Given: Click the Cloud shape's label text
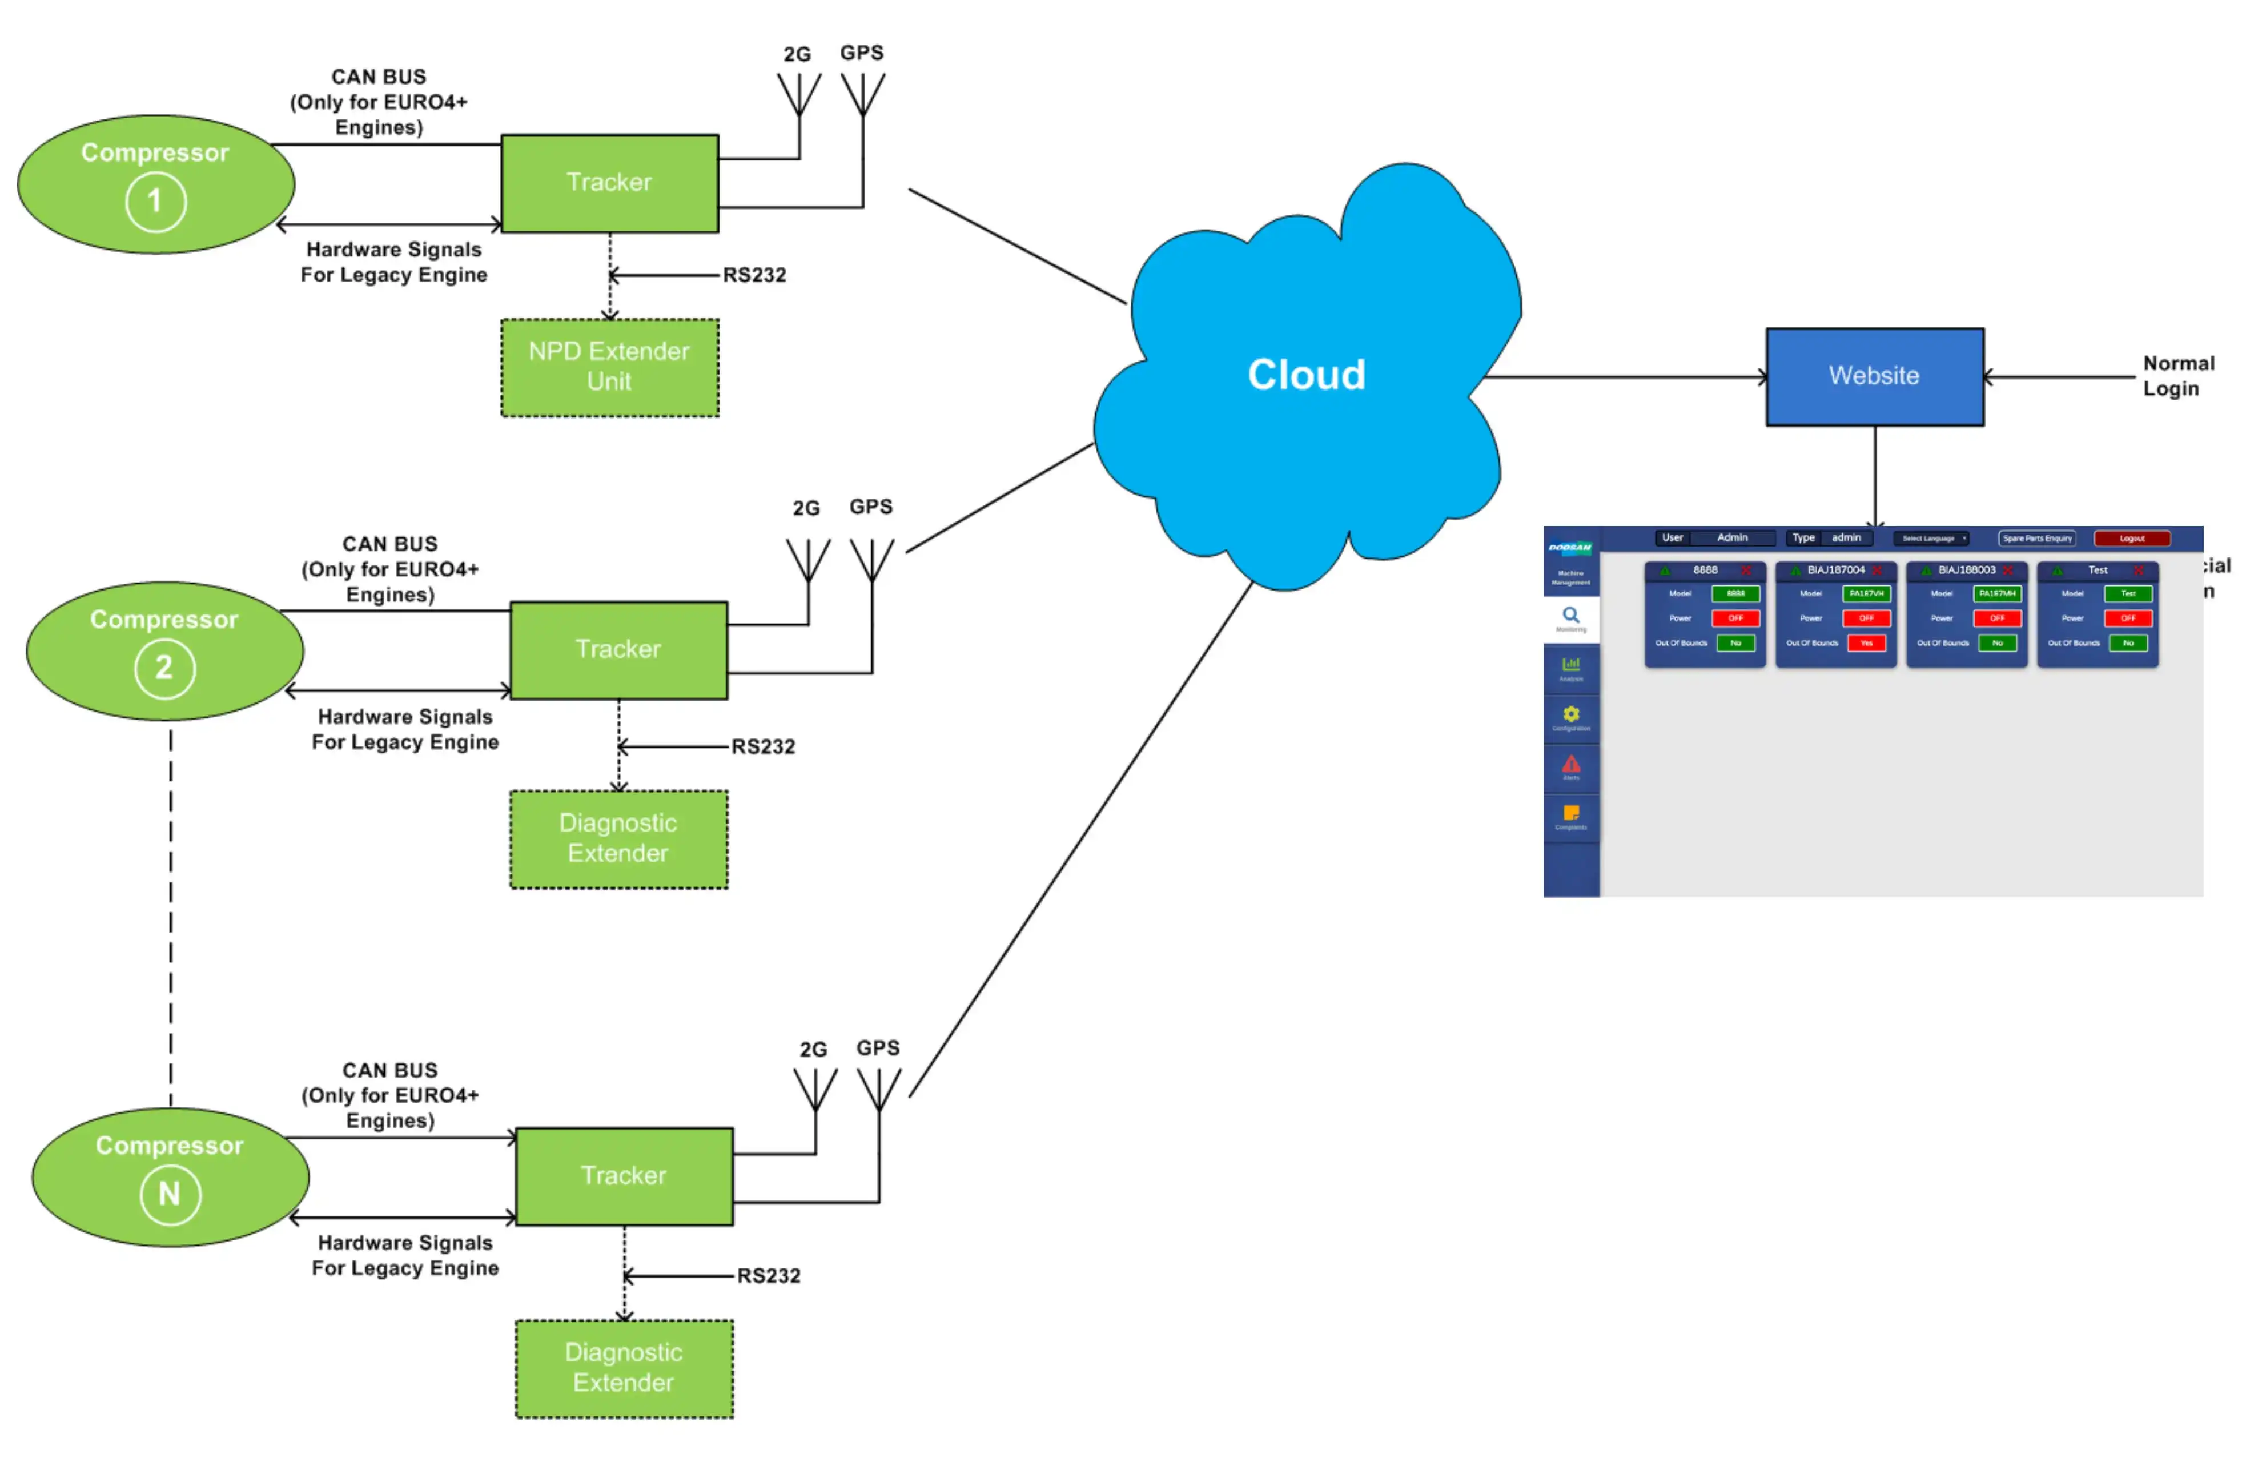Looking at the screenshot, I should point(1306,375).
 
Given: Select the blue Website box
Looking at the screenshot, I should point(1874,376).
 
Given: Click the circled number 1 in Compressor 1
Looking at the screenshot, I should point(156,201).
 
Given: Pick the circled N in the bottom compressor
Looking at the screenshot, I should point(170,1194).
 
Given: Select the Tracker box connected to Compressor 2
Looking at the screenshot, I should point(618,649).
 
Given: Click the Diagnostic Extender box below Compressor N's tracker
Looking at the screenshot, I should point(623,1368).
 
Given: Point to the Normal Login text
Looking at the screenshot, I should point(2176,376).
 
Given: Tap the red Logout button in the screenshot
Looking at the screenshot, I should point(2132,538).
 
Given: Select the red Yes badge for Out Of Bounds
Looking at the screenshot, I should point(1866,642).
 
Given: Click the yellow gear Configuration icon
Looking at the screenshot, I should point(1570,714).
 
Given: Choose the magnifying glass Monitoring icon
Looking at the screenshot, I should point(1570,616).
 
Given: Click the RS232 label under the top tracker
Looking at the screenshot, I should point(754,275).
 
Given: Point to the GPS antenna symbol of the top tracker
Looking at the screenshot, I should point(862,94).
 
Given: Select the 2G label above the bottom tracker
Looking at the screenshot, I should point(813,1050).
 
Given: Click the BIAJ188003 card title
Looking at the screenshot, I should point(1967,570).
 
